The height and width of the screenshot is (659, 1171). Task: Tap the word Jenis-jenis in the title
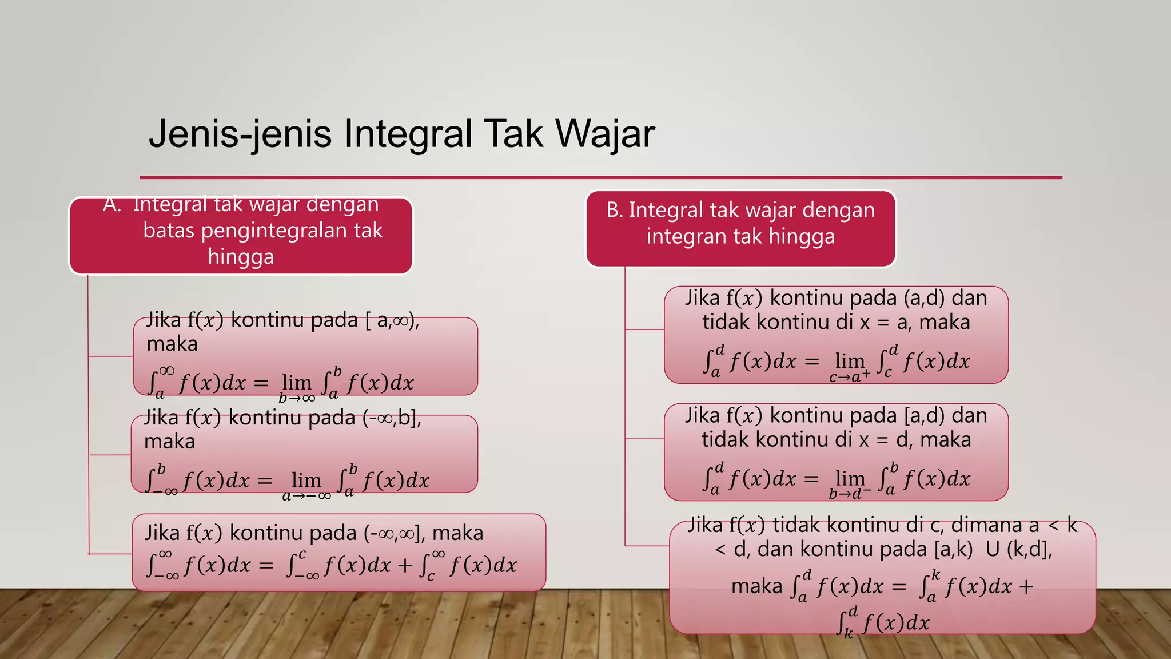pos(240,134)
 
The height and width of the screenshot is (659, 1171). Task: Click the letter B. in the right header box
pos(615,211)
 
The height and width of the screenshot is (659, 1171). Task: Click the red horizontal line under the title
pos(600,177)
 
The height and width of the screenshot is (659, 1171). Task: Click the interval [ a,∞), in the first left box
pos(392,320)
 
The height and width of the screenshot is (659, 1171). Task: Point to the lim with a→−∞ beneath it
pos(306,480)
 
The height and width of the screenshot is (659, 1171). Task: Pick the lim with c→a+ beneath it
pos(850,361)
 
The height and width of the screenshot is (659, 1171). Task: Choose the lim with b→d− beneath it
pos(850,478)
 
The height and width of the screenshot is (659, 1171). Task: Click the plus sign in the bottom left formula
pos(405,565)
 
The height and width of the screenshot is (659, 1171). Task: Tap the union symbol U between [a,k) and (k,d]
pos(993,549)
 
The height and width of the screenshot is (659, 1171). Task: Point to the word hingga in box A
pos(241,256)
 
